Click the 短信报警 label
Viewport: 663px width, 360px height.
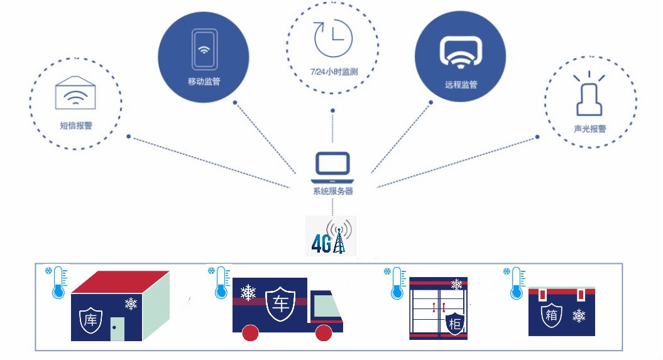pos(76,126)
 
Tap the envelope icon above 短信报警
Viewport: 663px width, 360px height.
pos(75,92)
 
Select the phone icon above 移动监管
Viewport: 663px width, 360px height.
pos(204,49)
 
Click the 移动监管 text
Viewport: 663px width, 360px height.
pos(204,82)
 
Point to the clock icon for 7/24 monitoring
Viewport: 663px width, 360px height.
pos(333,38)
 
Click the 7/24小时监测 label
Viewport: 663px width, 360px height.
pos(334,72)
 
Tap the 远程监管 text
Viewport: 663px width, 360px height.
pos(461,85)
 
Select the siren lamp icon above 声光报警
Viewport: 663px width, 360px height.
pos(589,94)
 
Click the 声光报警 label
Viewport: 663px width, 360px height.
pos(590,128)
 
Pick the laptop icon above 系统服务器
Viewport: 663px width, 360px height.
pos(333,167)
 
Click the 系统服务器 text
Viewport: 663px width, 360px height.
pos(333,191)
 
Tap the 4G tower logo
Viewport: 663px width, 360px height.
pos(332,236)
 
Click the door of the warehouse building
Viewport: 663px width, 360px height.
pos(118,329)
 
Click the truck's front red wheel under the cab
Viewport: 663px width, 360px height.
pos(324,333)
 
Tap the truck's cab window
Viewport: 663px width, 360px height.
pos(326,305)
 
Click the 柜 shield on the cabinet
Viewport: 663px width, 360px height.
pos(455,324)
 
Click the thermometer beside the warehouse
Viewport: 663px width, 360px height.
pos(58,282)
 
